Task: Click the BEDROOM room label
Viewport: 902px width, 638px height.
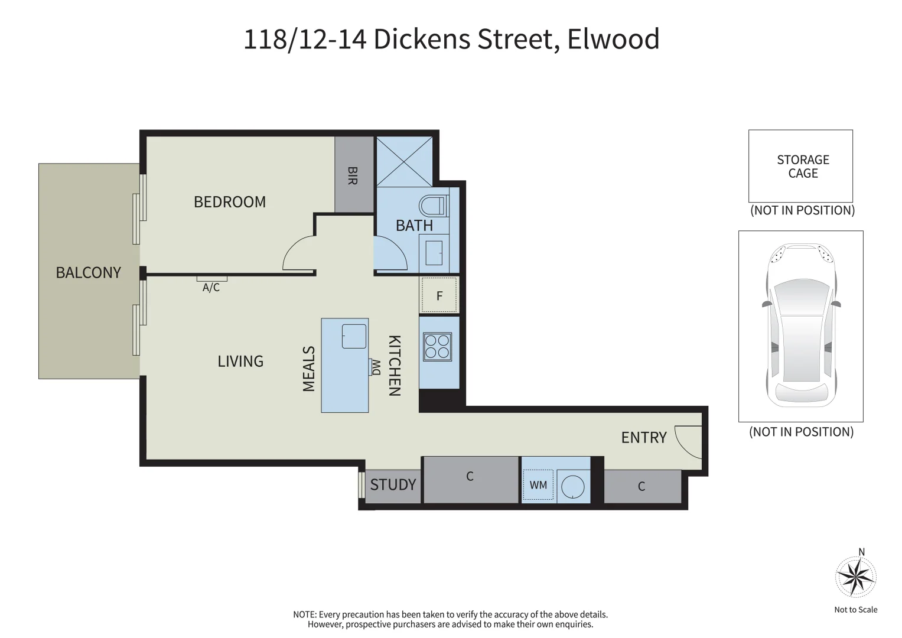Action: click(x=230, y=202)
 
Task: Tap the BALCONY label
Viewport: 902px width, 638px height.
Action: click(x=88, y=272)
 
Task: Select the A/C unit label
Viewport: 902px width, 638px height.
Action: click(x=211, y=288)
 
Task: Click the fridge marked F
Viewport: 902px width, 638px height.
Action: click(x=439, y=295)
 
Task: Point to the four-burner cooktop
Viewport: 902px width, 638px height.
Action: click(x=437, y=346)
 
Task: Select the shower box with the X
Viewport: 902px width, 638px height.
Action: click(x=405, y=161)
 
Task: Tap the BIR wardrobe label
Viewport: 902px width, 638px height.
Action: click(x=353, y=175)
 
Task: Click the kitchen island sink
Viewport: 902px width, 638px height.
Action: click(x=354, y=336)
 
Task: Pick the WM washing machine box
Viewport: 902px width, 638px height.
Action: click(x=538, y=485)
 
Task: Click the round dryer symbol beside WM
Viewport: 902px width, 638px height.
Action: click(x=572, y=487)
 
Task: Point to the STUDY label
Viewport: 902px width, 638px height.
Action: click(x=393, y=485)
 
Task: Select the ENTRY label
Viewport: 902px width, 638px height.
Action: click(x=644, y=438)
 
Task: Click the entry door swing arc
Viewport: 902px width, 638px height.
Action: click(x=685, y=442)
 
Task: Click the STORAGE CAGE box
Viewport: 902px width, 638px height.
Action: click(x=800, y=166)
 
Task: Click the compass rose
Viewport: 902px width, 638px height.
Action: click(x=855, y=577)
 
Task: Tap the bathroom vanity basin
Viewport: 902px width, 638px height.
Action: click(x=434, y=252)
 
